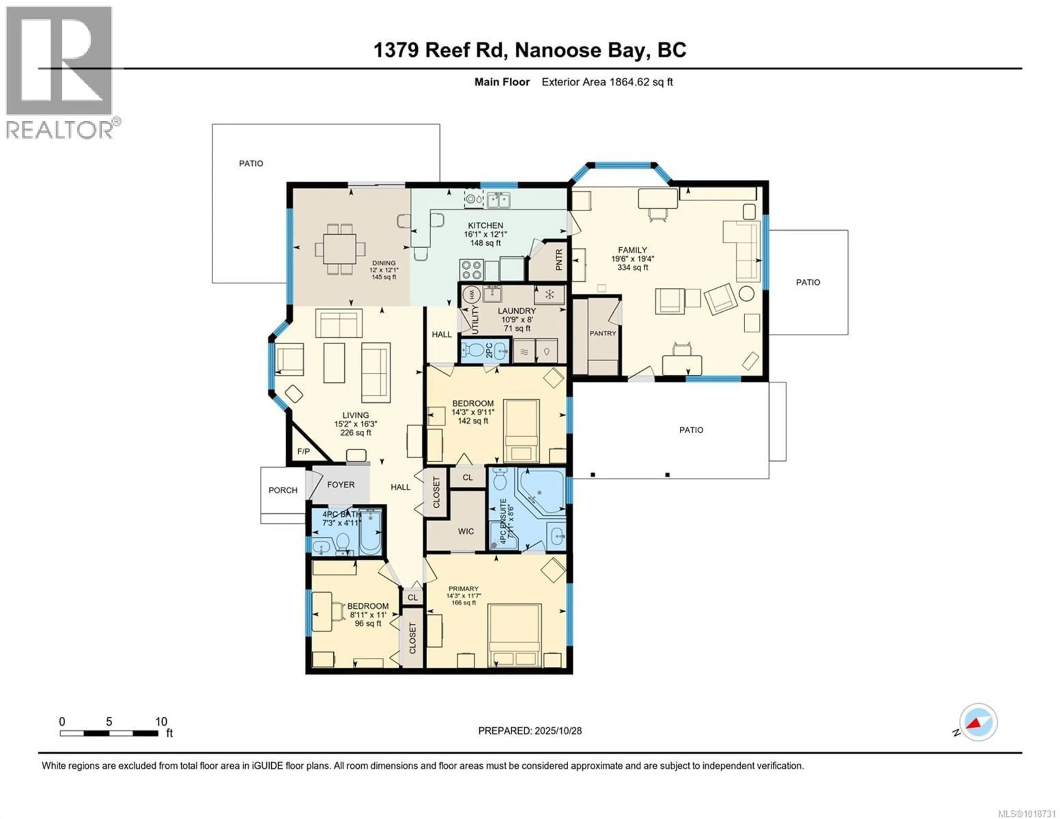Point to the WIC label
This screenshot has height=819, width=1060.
coord(465,531)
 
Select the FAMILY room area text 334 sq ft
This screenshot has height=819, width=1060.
coord(632,267)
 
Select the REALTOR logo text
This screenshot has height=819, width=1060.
coord(59,130)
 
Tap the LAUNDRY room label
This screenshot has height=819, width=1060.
coord(516,311)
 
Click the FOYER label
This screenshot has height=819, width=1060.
coord(340,484)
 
